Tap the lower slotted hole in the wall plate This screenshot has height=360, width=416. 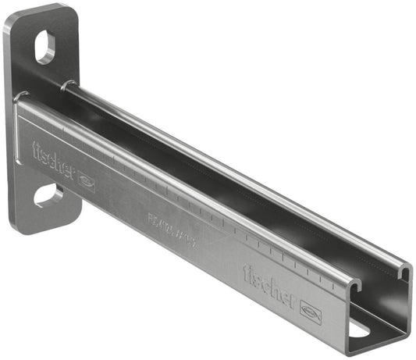(x=48, y=194)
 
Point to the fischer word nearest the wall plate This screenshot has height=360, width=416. (x=52, y=162)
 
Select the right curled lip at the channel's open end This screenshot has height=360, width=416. (x=404, y=273)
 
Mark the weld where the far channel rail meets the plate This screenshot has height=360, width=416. (x=71, y=84)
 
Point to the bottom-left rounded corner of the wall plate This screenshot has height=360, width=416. (x=15, y=226)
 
